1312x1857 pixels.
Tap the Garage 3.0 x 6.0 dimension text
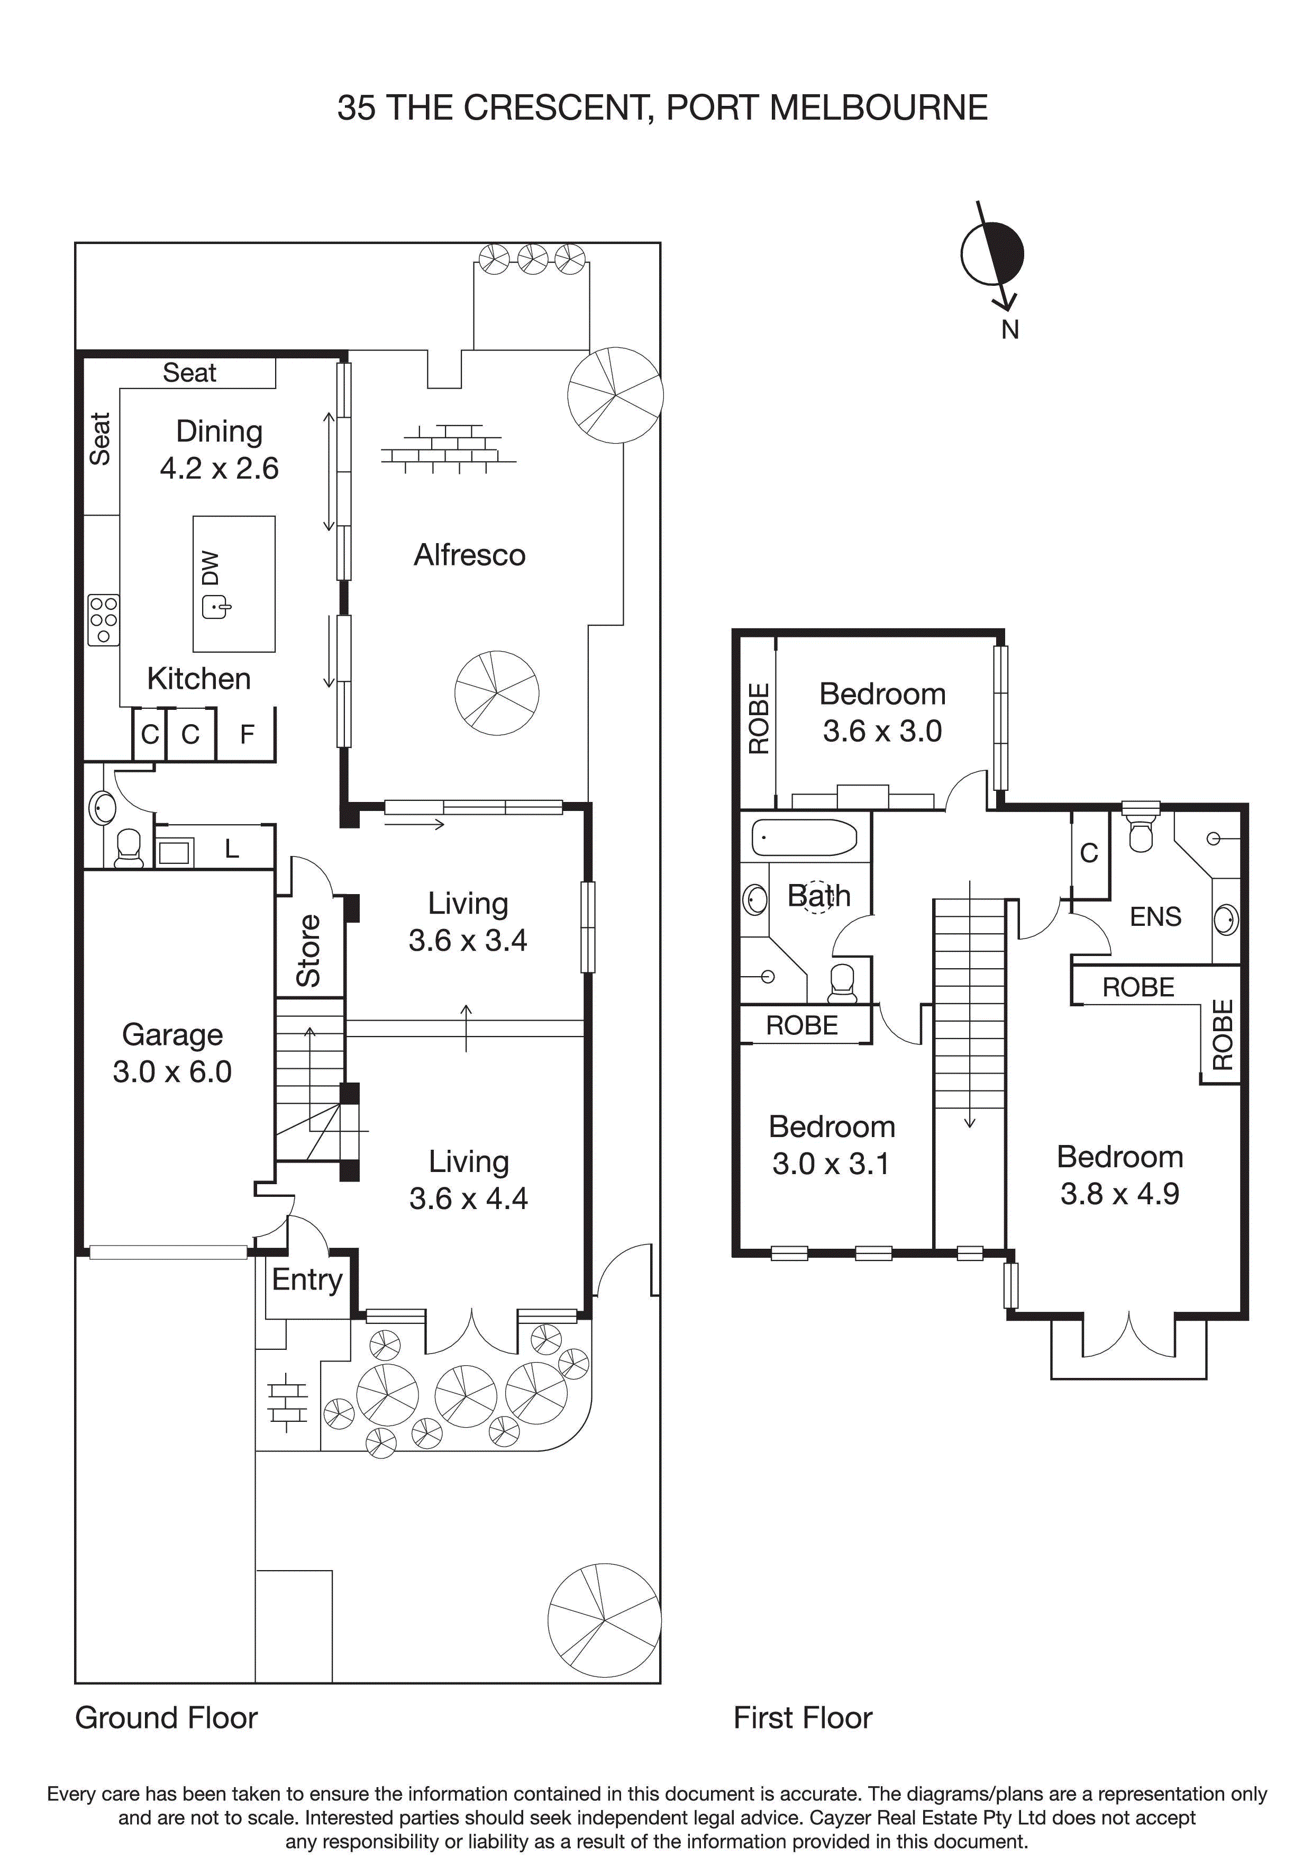[172, 1071]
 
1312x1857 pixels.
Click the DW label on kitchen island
[210, 568]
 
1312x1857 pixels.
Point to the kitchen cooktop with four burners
[104, 619]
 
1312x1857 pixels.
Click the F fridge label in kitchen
[248, 734]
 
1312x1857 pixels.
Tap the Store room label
[309, 950]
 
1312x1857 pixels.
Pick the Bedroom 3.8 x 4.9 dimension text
[1119, 1194]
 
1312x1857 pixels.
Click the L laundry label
[232, 849]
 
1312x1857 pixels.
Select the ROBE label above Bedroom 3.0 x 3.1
[802, 1025]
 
